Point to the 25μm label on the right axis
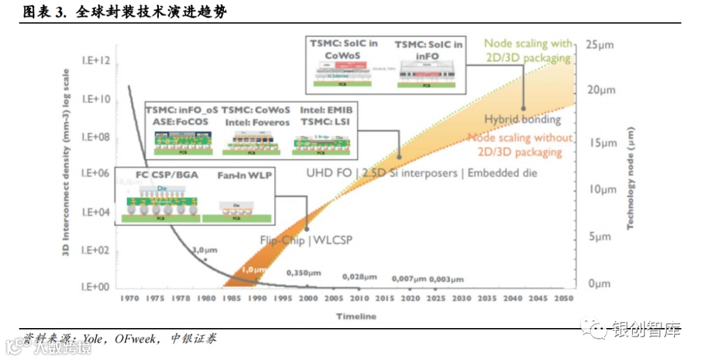(600, 45)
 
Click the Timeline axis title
(356, 316)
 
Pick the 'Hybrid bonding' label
(523, 119)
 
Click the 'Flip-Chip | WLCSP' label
(306, 240)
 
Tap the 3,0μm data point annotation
(204, 250)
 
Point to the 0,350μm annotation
(305, 273)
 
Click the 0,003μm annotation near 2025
(447, 279)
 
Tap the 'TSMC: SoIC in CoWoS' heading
(344, 49)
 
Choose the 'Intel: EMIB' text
(326, 110)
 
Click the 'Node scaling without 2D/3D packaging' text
(520, 145)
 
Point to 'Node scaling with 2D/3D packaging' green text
(529, 49)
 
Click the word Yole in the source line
(94, 339)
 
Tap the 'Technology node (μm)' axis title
(631, 178)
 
